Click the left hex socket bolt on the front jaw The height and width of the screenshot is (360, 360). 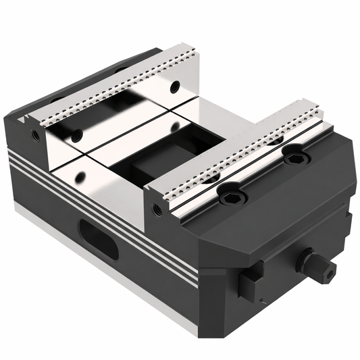pos(231,195)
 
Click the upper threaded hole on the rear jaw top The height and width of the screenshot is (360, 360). pos(175,86)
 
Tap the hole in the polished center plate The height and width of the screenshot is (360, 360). pos(80,178)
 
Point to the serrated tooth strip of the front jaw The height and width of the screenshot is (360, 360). pos(236,149)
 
